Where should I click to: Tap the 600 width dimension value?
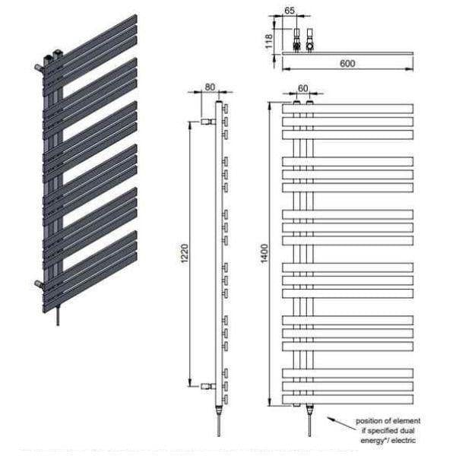(347, 65)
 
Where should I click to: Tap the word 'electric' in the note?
(406, 440)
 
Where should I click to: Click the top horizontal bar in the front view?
(347, 108)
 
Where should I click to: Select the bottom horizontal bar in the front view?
(347, 399)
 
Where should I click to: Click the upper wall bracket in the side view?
(207, 121)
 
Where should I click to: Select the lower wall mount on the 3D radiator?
(38, 283)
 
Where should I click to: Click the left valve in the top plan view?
(297, 40)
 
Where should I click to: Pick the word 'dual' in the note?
(407, 430)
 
